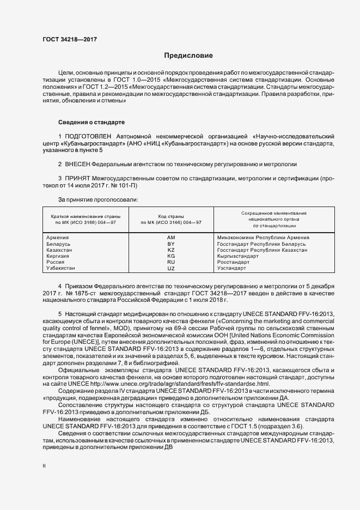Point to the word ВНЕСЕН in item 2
[x=77, y=164]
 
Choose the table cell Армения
[x=58, y=238]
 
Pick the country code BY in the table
[x=171, y=244]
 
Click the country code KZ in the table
[x=171, y=250]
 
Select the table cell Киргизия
[x=59, y=256]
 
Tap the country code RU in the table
[x=171, y=262]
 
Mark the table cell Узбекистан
[x=61, y=268]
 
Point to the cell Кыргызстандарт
[x=238, y=256]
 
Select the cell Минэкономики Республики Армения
[x=263, y=238]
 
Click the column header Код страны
[x=171, y=216]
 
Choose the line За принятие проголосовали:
[x=90, y=199]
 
